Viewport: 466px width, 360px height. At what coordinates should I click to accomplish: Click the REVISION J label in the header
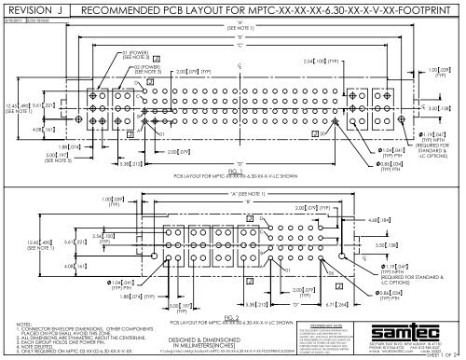37,10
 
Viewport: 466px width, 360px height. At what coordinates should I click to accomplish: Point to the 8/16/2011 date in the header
17,21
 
